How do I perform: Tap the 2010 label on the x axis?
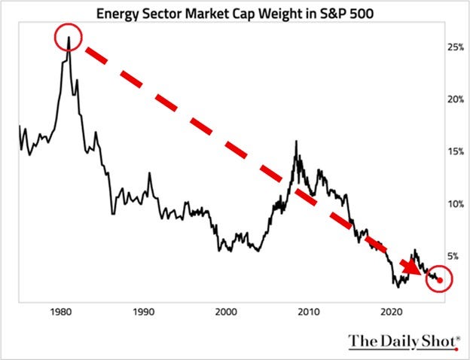(308, 311)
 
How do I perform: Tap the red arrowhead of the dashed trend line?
(413, 268)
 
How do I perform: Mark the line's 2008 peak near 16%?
(295, 141)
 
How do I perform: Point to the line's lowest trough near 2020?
(397, 286)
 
